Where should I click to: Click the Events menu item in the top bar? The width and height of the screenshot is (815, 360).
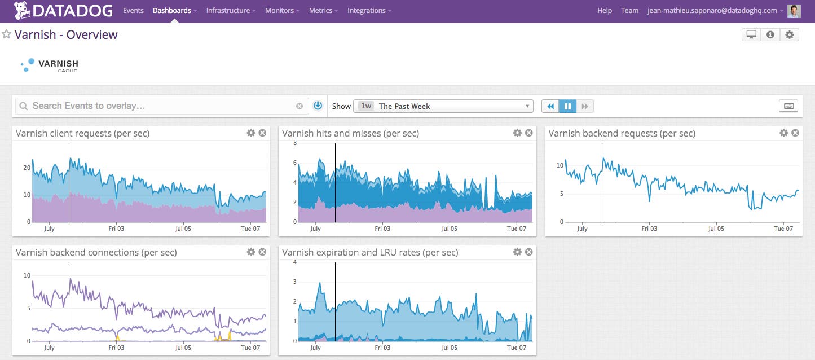133,10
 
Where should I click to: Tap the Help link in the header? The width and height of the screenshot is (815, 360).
605,10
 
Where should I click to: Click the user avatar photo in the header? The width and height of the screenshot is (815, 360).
794,11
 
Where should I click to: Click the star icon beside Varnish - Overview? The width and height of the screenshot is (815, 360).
7,34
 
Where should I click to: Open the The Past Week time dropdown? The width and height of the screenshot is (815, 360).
443,106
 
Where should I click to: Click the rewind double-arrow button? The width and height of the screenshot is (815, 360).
550,106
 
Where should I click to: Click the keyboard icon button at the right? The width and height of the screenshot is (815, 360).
788,106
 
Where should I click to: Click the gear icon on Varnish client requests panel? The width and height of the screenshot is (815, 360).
251,133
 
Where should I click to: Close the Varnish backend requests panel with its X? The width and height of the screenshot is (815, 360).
795,133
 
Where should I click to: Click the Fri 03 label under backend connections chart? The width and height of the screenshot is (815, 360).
116,348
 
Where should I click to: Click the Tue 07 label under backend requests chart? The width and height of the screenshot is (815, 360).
783,229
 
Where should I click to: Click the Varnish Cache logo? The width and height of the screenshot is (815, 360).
50,65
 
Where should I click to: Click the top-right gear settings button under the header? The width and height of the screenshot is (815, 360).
789,34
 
